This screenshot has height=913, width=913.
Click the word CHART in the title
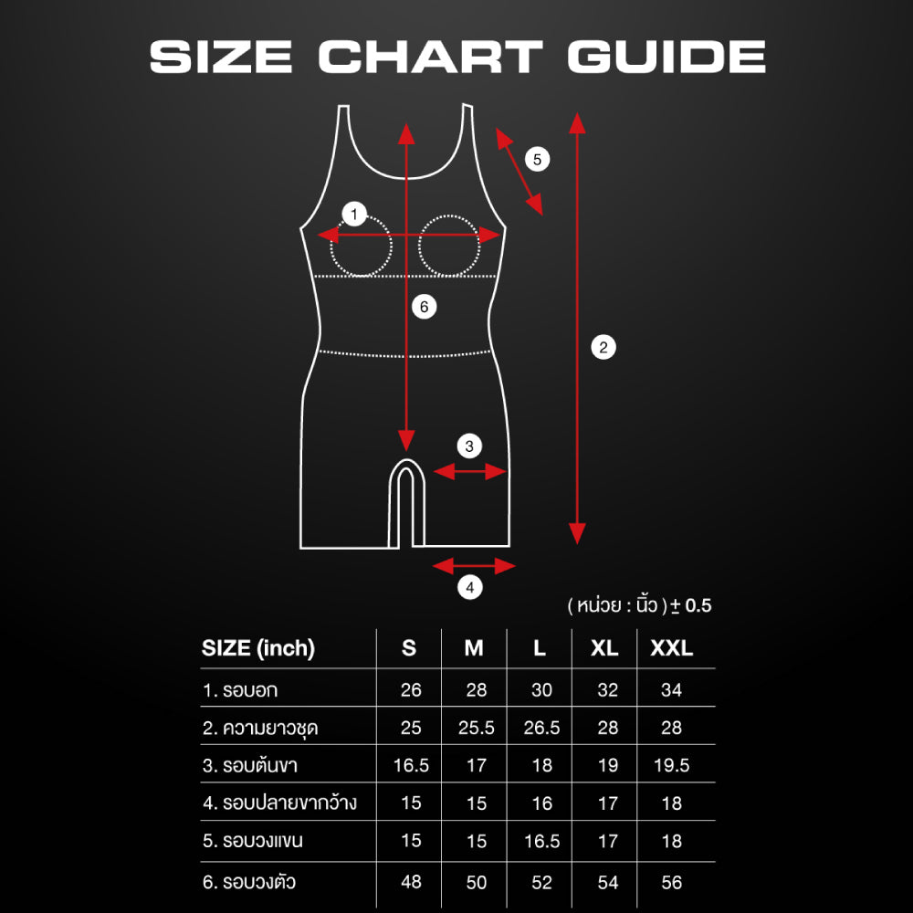[430, 57]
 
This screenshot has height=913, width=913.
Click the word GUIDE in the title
[666, 57]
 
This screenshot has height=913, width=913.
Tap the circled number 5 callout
[537, 159]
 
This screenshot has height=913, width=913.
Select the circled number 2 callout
[603, 348]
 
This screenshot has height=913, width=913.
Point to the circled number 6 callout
[424, 307]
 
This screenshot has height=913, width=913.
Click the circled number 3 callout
[469, 446]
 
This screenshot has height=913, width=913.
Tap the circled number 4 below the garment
[470, 587]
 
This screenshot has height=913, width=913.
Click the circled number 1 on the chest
[354, 215]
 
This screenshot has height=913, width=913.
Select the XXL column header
[671, 648]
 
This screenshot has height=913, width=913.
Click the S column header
[409, 648]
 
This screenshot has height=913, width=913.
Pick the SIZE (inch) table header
[258, 648]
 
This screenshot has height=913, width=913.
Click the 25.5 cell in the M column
[477, 728]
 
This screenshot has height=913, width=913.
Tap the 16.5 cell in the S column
[411, 765]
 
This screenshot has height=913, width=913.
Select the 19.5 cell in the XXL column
[671, 765]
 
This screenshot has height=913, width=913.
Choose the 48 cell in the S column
[411, 882]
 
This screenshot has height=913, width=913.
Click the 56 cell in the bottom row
[671, 882]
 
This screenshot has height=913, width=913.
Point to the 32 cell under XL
[607, 690]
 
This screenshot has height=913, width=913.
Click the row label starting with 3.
[250, 765]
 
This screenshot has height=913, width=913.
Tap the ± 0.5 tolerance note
[691, 605]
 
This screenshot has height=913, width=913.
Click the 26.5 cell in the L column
[541, 728]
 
